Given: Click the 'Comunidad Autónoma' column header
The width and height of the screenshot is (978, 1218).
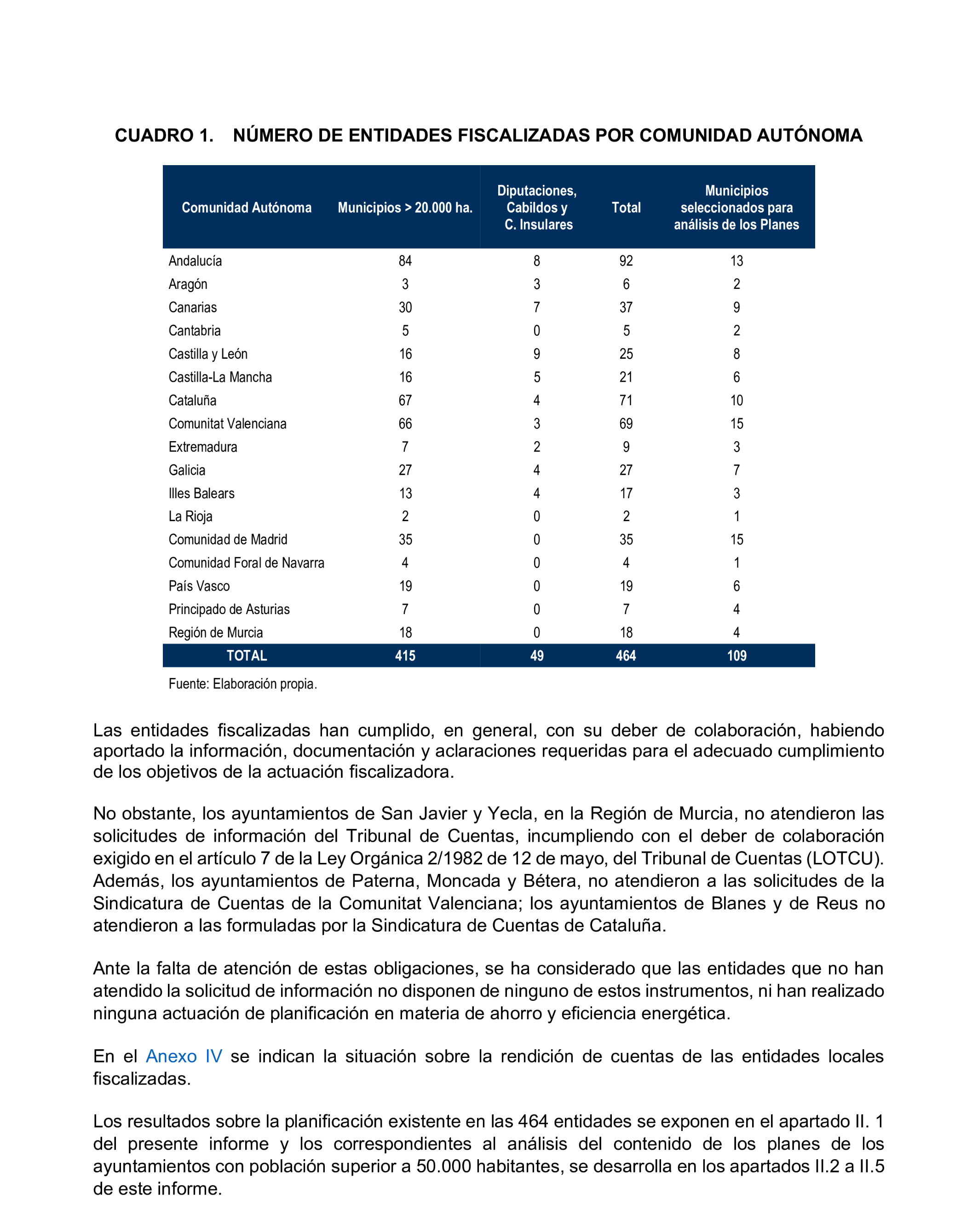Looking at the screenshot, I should tap(246, 208).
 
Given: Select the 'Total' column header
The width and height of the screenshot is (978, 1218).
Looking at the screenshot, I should tap(626, 208).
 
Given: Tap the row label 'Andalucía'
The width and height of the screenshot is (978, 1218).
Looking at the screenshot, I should tap(195, 261).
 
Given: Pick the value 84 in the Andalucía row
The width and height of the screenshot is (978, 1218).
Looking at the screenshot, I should tap(405, 261).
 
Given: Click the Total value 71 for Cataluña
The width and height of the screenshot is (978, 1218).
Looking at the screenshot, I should tap(626, 401).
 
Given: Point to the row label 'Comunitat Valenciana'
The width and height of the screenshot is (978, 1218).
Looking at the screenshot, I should tap(227, 424).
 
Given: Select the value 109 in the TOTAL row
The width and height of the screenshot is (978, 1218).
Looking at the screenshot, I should tap(736, 656).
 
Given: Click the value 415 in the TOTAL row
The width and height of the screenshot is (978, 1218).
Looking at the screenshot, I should tap(405, 656).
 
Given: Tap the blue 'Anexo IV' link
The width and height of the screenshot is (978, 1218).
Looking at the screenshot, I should tap(184, 1057).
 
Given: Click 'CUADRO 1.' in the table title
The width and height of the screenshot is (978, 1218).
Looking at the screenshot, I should tap(164, 136).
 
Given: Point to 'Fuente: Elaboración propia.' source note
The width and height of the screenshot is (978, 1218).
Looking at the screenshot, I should tap(242, 684).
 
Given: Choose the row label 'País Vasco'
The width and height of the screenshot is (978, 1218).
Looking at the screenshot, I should tap(199, 586).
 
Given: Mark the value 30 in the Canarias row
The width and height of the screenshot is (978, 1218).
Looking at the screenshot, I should tap(405, 307).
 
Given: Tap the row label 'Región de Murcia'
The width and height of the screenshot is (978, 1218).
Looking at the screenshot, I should tap(215, 633).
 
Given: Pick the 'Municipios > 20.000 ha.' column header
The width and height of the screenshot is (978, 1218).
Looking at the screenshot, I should tap(405, 208).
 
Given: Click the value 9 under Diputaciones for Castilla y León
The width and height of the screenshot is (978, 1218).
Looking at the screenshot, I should tap(537, 354).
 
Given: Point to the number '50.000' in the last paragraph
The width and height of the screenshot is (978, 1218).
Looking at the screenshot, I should tap(443, 1166).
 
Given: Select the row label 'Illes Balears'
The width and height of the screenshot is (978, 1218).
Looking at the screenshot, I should tap(201, 494).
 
